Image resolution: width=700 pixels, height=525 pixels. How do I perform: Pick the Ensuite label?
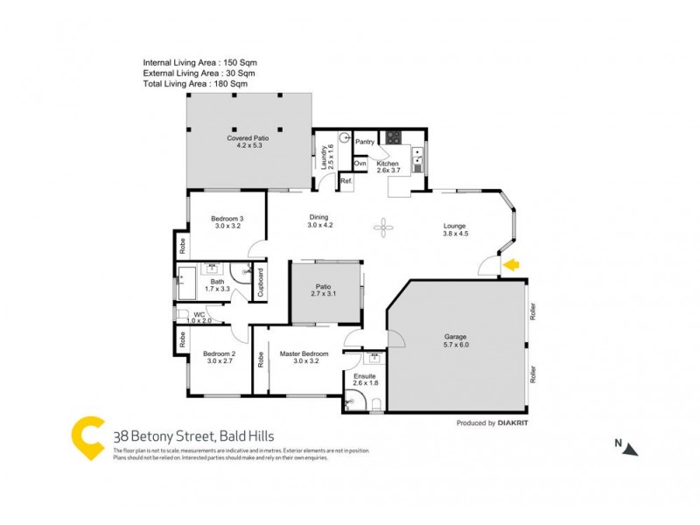(x=365, y=377)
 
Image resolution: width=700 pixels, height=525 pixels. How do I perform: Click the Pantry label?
(x=365, y=142)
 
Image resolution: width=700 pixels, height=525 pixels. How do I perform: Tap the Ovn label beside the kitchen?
(x=360, y=164)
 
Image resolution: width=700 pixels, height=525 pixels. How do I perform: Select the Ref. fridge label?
(x=346, y=181)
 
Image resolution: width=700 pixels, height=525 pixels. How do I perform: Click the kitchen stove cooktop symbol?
(x=394, y=136)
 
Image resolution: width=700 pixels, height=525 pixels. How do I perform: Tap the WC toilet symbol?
(x=183, y=314)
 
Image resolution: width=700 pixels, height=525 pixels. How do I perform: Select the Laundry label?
(x=324, y=155)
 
